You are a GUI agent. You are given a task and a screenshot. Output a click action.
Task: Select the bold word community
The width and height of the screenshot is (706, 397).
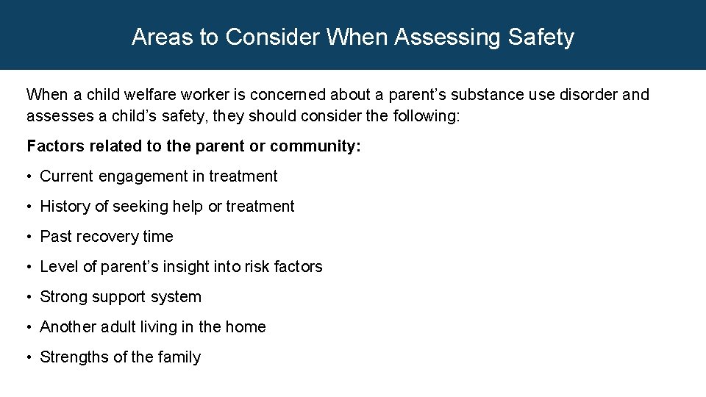tap(315, 146)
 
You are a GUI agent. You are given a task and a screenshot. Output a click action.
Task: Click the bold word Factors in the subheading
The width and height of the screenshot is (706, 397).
tap(55, 146)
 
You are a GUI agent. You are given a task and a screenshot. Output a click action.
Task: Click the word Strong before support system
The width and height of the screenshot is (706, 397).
tap(64, 297)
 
